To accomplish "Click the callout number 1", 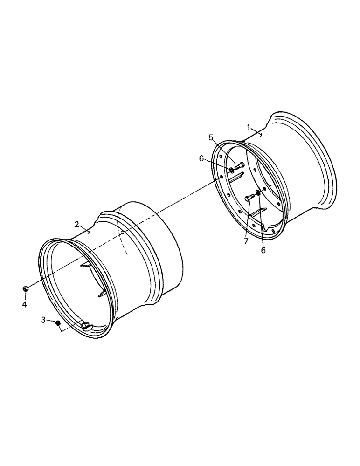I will tap(249, 127).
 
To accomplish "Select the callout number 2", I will tap(76, 224).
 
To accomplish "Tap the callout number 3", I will tap(43, 320).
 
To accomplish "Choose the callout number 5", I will tap(211, 137).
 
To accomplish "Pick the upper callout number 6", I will tap(201, 158).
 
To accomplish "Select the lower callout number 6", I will tap(263, 250).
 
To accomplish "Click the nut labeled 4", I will tap(26, 289).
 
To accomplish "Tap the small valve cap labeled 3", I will tap(58, 323).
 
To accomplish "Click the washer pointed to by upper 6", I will tap(231, 169).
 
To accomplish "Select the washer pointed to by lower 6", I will tap(258, 192).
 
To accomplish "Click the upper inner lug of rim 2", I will tap(85, 265).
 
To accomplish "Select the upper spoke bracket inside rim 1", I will tap(237, 176).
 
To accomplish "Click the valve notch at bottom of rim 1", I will tap(270, 227).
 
